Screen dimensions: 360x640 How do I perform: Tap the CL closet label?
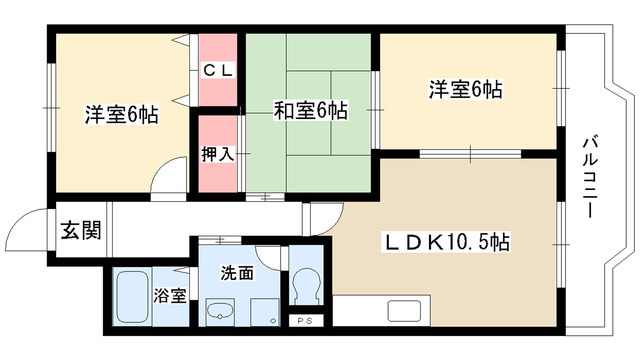[220, 70]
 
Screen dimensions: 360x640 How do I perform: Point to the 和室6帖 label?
[310, 111]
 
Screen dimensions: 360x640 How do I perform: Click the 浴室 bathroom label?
[168, 296]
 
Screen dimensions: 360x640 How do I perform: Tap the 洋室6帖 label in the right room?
[465, 90]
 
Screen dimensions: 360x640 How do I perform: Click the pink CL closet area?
[220, 72]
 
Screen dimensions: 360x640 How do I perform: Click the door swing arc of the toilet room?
[268, 256]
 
